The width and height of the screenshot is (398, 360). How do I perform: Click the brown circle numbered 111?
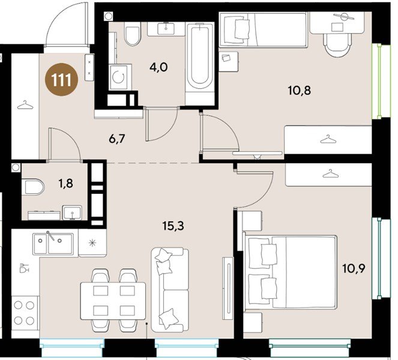(61, 79)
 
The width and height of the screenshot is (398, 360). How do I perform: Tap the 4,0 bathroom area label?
(158, 67)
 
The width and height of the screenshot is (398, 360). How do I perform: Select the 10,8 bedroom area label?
(300, 91)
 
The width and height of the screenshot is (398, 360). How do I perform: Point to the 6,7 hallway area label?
(117, 139)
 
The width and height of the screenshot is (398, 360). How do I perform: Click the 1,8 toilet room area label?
(66, 183)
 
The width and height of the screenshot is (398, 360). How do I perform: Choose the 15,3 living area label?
(173, 226)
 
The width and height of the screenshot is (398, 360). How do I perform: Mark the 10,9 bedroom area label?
(354, 268)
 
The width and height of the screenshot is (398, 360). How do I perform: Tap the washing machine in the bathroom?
(120, 77)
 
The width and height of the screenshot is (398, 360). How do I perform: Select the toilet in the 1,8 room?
(33, 187)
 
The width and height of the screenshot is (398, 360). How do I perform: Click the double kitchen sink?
(53, 244)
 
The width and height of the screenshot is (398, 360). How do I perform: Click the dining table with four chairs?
(113, 301)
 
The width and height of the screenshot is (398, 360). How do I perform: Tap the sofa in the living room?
(170, 290)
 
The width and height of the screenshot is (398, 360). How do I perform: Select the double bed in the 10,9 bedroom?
(290, 272)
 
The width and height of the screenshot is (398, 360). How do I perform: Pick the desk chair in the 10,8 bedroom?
(337, 45)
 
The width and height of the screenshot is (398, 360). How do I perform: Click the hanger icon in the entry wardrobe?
(25, 105)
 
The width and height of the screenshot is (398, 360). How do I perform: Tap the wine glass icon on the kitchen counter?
(24, 268)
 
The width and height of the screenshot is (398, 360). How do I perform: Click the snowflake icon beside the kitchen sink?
(92, 243)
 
